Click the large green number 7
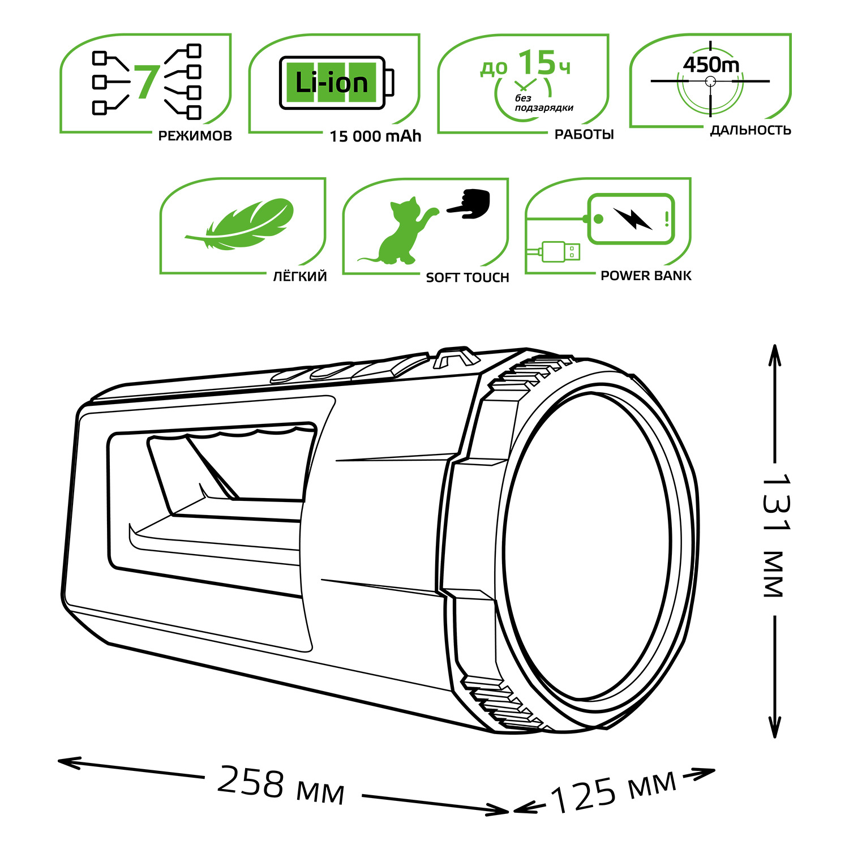[x=147, y=83]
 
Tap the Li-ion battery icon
[x=336, y=83]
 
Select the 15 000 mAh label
[x=375, y=136]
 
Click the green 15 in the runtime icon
[x=537, y=62]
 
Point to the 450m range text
[x=711, y=65]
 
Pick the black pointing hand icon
[x=469, y=203]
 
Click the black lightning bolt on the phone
[x=632, y=218]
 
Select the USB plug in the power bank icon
[x=560, y=251]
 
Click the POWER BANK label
[x=646, y=276]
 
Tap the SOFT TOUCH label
[x=468, y=277]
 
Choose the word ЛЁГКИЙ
[x=300, y=276]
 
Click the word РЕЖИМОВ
[x=195, y=136]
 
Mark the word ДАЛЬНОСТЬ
[x=751, y=130]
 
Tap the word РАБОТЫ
[x=584, y=135]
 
